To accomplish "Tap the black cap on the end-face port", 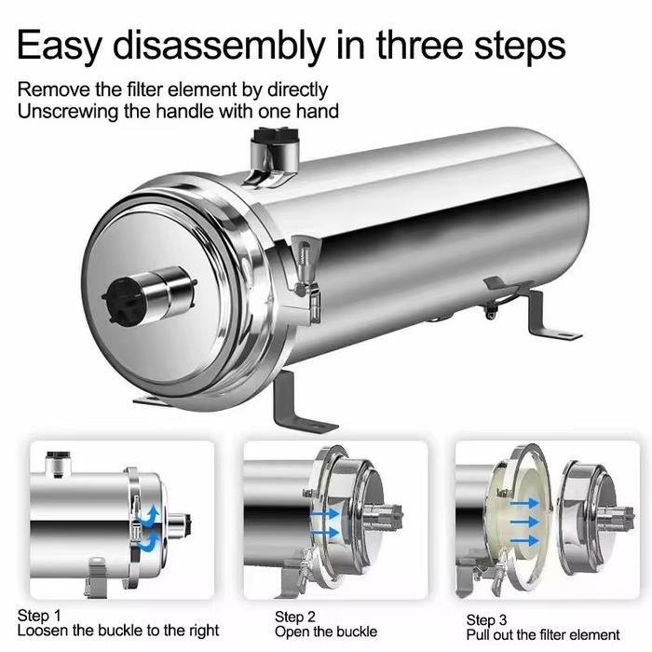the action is [x=121, y=300].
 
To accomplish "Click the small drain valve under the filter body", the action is [x=491, y=310].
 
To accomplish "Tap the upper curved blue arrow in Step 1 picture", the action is [x=151, y=516].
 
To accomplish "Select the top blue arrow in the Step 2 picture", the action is [x=324, y=514].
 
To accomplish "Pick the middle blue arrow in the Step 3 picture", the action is [x=524, y=522].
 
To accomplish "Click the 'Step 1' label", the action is [x=39, y=616].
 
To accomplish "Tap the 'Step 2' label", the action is [x=295, y=617].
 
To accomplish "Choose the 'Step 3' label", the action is [x=486, y=620].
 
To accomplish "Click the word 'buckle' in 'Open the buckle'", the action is [x=357, y=632].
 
